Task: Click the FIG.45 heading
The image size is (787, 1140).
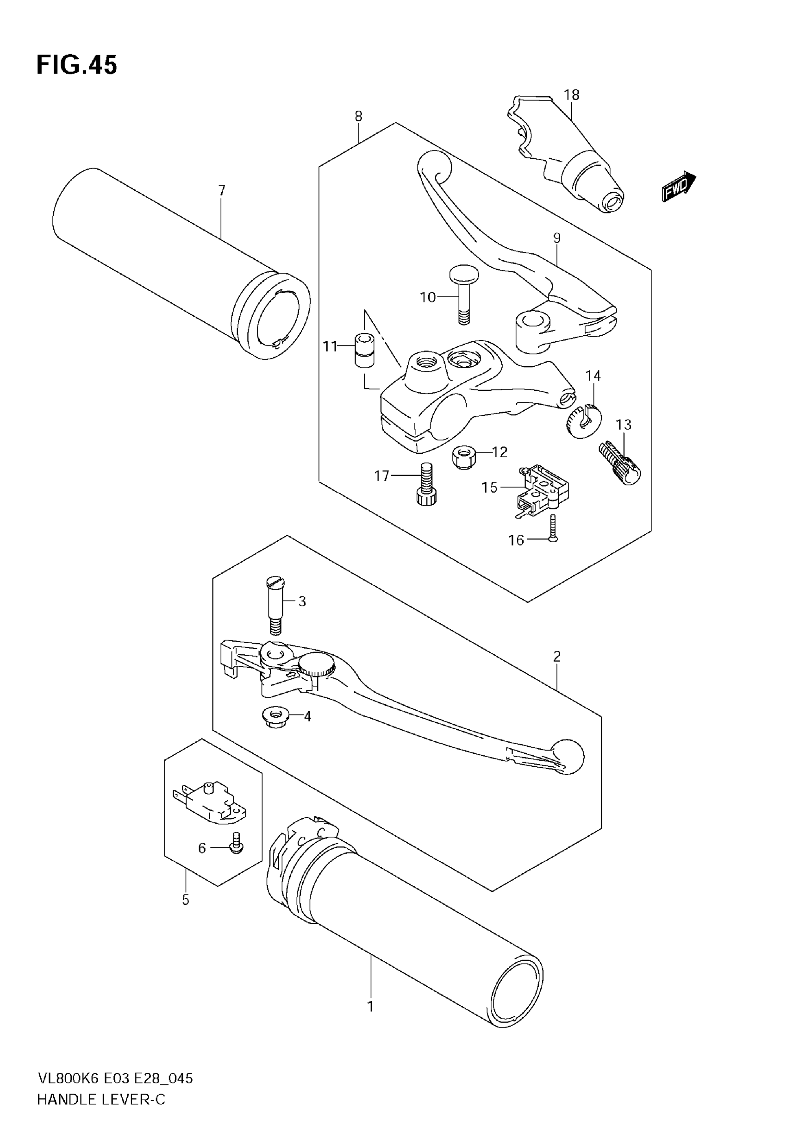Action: (x=77, y=65)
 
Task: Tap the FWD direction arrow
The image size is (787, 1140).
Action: (x=678, y=187)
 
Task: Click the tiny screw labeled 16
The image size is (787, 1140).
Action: (x=553, y=529)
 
